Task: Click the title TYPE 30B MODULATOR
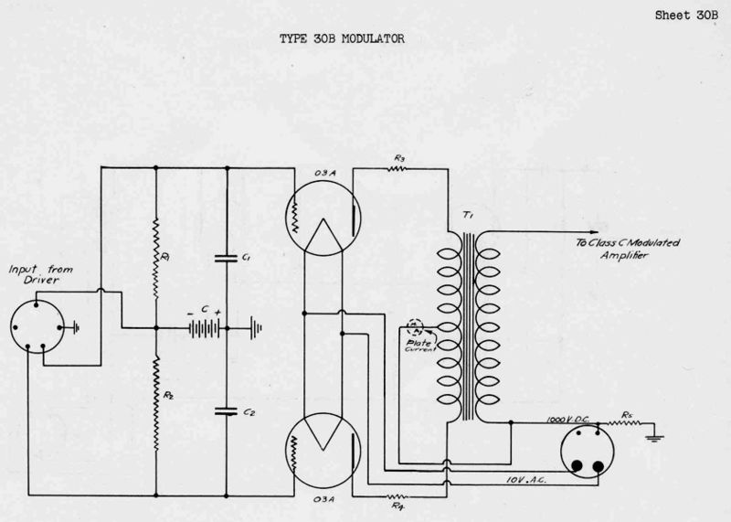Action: click(x=339, y=41)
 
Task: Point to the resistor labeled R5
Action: click(x=630, y=424)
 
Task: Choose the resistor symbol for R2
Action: click(x=156, y=384)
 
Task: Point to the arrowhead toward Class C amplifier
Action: click(x=595, y=231)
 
